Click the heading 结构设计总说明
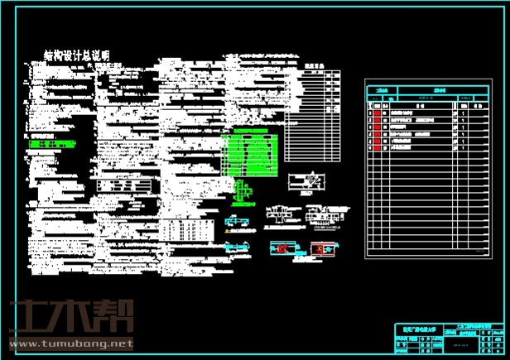pyautogui.click(x=77, y=55)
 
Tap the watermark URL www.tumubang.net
pyautogui.click(x=70, y=343)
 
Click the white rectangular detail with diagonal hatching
pyautogui.click(x=307, y=184)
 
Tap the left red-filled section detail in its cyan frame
pyautogui.click(x=283, y=247)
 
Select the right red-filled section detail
pyautogui.click(x=325, y=247)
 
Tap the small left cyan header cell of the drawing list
pyautogui.click(x=382, y=89)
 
